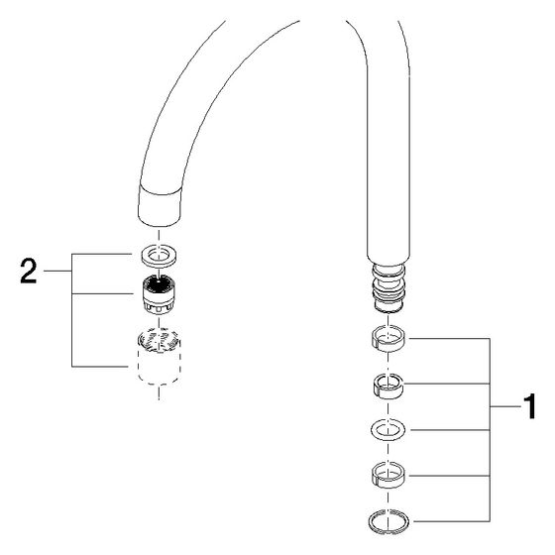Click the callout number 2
coord(29,271)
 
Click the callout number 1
coord(530,406)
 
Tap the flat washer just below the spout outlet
coord(159,255)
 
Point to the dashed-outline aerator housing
coord(159,356)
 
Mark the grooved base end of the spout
coord(388,288)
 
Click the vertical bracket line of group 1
coord(490,430)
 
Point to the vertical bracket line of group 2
coord(71,310)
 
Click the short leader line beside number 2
coord(57,272)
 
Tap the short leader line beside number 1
coord(505,407)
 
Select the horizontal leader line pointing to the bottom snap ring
coord(452,521)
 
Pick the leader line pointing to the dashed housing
coord(100,367)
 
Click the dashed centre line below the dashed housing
coord(159,392)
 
